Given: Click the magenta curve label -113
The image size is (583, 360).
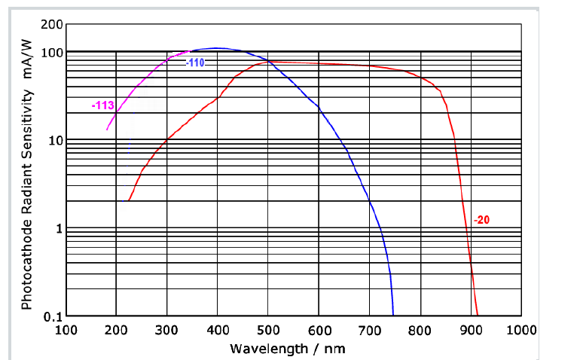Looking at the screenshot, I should tap(102, 106).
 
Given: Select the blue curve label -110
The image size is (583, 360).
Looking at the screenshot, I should tap(195, 63).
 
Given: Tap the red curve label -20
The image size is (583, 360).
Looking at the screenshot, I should tap(483, 220).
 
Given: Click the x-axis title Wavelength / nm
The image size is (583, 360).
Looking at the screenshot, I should tap(288, 348).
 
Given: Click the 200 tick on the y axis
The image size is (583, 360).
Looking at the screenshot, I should tap(51, 25).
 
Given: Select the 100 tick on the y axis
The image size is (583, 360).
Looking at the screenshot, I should tap(51, 52).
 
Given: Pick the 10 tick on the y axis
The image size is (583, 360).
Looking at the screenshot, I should tap(54, 140).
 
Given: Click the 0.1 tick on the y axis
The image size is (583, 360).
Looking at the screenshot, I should tap(52, 316).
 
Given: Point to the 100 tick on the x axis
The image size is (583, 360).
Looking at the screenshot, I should tap(66, 330).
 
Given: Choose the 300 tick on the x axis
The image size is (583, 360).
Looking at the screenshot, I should tap(166, 330).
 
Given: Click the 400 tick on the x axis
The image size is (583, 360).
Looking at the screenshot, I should tap(217, 330).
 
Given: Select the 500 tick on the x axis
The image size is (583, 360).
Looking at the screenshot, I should tap(268, 330).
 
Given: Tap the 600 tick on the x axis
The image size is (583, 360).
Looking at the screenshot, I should tap(319, 330).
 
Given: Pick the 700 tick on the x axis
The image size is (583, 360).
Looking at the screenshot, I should tap(369, 330).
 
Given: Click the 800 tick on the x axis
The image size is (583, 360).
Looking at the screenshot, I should tap(420, 330).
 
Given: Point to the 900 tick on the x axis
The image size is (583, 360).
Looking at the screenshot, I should tap(471, 330).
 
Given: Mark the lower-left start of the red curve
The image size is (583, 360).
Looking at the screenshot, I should tap(124, 201).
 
